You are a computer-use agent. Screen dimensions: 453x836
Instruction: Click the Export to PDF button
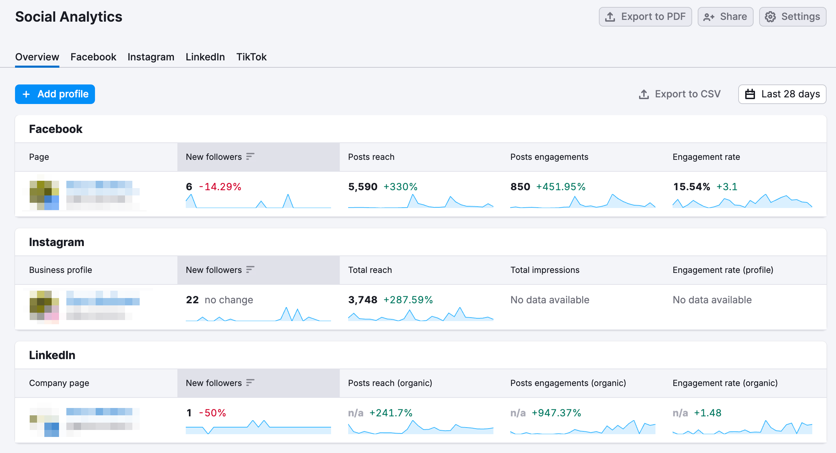(x=645, y=17)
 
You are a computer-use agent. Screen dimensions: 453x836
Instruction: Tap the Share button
(x=725, y=17)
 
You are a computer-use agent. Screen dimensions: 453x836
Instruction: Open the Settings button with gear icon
(x=792, y=17)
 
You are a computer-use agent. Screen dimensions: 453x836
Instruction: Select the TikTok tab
(x=251, y=57)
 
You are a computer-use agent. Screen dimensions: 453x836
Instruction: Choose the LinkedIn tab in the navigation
(x=205, y=57)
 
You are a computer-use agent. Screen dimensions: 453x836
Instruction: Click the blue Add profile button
(x=55, y=94)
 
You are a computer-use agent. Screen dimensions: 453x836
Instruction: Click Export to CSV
(x=680, y=94)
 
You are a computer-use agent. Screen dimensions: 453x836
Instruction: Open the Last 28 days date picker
(x=782, y=94)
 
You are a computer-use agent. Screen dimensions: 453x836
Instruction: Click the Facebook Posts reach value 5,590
(x=362, y=187)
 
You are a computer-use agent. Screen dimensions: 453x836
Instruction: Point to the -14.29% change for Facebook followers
(x=220, y=187)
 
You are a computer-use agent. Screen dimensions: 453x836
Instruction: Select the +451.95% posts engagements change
(x=560, y=187)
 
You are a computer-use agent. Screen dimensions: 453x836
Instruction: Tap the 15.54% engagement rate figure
(x=691, y=187)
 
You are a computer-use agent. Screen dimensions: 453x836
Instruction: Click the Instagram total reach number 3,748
(x=362, y=300)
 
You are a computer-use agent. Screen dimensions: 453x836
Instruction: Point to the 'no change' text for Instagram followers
(x=229, y=300)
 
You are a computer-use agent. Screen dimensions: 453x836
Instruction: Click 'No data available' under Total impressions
(x=550, y=300)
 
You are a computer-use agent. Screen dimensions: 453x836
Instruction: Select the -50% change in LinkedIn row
(x=212, y=413)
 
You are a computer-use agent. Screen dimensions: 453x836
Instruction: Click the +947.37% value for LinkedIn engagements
(x=556, y=413)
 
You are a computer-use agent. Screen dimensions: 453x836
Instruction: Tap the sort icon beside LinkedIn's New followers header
(x=250, y=383)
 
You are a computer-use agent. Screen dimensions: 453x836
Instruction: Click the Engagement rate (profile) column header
(x=723, y=270)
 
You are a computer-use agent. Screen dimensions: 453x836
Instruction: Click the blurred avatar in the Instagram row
(x=44, y=305)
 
